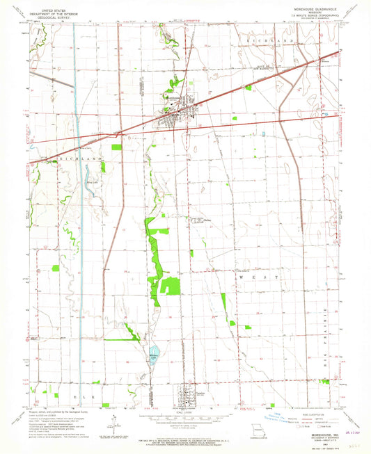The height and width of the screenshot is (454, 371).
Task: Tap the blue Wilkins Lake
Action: click(154, 354)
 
